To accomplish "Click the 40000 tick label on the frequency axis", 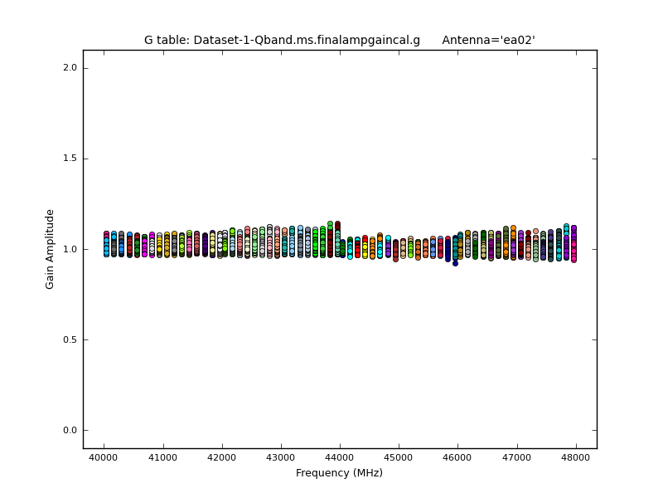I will point(104,457).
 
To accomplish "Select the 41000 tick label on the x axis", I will point(162,457).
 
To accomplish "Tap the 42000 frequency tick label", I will point(221,457).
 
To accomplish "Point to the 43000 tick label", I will point(281,457).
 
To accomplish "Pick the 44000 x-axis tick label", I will point(340,457).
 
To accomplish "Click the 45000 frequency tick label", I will point(399,457).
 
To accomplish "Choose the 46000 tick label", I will point(457,457).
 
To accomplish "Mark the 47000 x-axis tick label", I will point(517,457).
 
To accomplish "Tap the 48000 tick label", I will point(576,457).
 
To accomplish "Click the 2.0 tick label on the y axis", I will point(70,68).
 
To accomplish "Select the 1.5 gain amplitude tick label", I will point(70,159).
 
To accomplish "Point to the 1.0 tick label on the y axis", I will point(70,249).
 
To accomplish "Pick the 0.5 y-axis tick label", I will point(70,339).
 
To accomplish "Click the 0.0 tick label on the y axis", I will point(70,430).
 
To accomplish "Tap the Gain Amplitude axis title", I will point(51,249).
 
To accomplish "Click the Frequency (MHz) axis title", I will point(339,473).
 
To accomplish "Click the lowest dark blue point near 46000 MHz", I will point(455,263).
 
